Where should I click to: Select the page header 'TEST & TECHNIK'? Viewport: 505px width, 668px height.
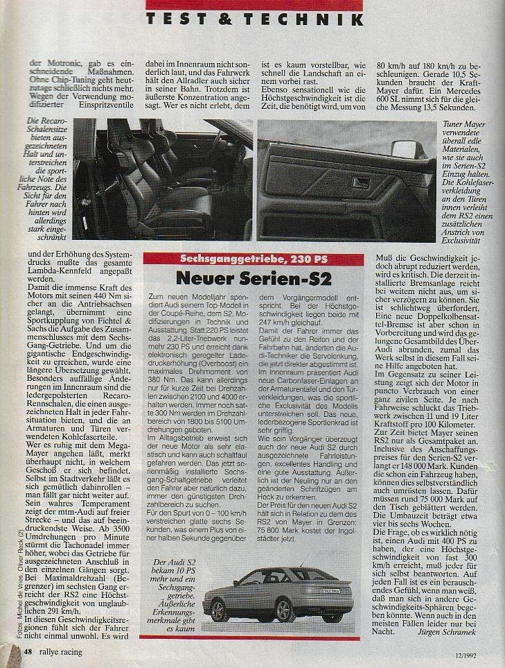coord(254,19)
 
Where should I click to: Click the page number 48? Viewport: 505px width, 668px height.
coord(28,652)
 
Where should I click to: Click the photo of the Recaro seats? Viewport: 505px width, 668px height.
coord(162,179)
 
